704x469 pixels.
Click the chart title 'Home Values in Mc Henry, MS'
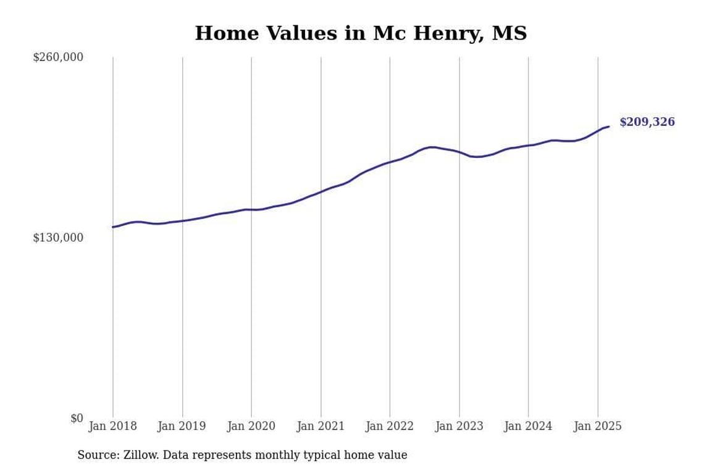(x=361, y=33)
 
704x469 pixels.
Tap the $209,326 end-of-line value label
(x=647, y=122)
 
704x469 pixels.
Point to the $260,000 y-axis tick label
(x=58, y=57)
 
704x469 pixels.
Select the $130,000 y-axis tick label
(x=58, y=238)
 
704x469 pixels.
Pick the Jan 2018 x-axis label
(x=113, y=426)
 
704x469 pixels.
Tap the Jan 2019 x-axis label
(x=182, y=426)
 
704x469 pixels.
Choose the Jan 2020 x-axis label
(x=251, y=426)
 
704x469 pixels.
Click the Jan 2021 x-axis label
(x=321, y=426)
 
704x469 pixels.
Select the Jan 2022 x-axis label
(x=390, y=426)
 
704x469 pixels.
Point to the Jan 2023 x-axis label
(x=459, y=426)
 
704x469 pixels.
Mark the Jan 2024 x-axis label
(x=528, y=426)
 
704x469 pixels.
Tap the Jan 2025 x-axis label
(x=597, y=426)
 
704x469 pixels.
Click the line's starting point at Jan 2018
(x=113, y=227)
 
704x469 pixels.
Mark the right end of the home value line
(x=609, y=127)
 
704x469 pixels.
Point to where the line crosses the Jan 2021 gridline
(x=321, y=191)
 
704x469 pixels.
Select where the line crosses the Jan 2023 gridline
(x=459, y=152)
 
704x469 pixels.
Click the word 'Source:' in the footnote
(x=98, y=455)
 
